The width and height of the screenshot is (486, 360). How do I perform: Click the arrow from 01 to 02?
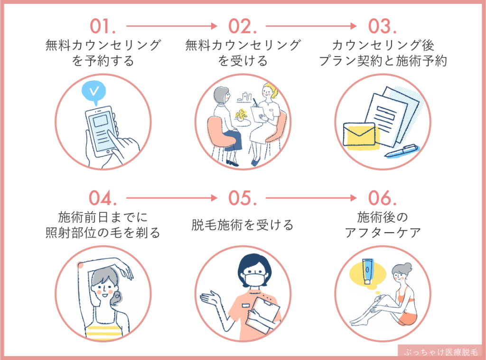(x=172, y=26)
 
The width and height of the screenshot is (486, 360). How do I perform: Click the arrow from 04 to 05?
(x=172, y=197)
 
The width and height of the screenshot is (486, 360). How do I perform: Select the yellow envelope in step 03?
(x=359, y=134)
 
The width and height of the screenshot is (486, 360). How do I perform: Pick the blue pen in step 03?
(x=402, y=151)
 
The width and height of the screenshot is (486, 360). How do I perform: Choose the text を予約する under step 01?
(x=103, y=61)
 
